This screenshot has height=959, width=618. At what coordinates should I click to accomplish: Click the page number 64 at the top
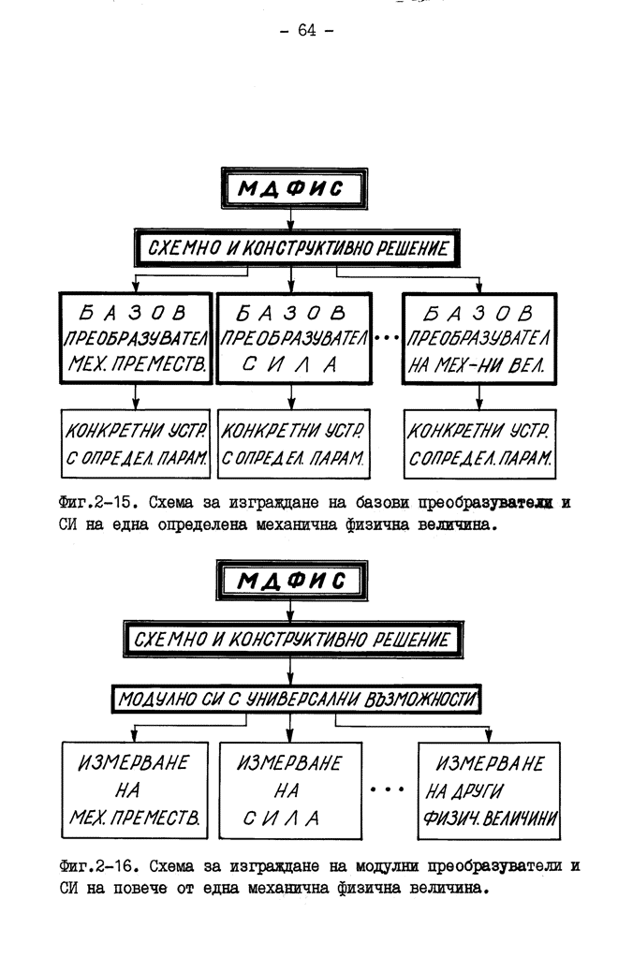(307, 30)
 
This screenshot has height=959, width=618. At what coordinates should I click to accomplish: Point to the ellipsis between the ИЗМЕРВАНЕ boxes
(387, 789)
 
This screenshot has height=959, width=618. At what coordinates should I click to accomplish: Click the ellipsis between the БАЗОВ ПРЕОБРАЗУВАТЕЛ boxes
(387, 337)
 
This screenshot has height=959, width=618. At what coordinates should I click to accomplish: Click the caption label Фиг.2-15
(96, 503)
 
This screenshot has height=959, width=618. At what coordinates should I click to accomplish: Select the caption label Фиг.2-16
(96, 866)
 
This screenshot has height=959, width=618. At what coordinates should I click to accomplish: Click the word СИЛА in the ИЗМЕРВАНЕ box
(281, 818)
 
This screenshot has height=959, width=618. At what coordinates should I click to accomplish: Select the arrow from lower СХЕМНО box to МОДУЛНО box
(290, 671)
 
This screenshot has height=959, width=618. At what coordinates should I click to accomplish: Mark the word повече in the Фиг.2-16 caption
(140, 888)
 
